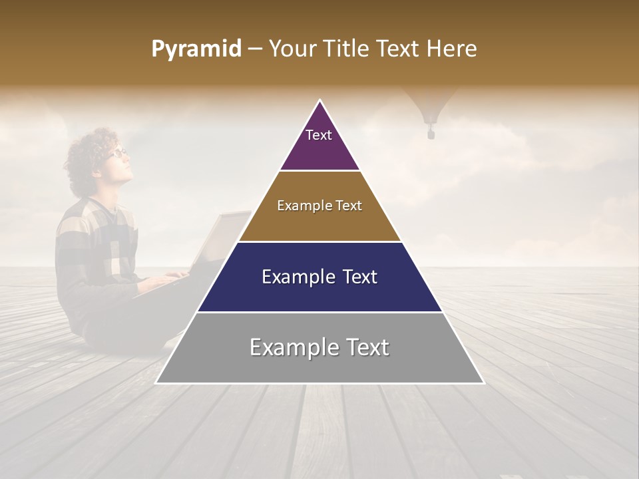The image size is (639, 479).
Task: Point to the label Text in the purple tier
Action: coord(319,135)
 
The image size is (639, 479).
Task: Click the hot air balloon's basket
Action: coord(431,134)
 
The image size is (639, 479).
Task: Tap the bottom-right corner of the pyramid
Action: coord(483,383)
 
